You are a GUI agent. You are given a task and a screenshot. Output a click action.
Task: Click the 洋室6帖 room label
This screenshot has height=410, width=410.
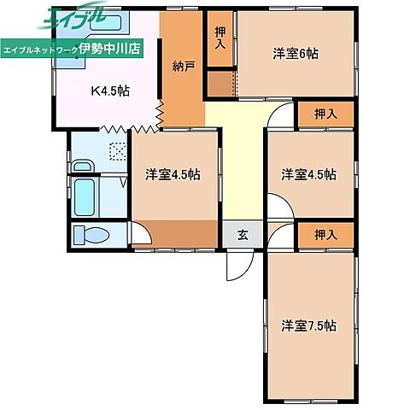pyautogui.click(x=296, y=54)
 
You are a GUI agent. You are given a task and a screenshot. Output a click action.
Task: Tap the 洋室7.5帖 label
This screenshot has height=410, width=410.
pyautogui.click(x=308, y=325)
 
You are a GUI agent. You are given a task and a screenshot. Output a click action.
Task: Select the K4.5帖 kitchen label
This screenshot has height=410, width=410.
pyautogui.click(x=110, y=91)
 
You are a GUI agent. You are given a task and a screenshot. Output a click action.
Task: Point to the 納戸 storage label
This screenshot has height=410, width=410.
pyautogui.click(x=184, y=66)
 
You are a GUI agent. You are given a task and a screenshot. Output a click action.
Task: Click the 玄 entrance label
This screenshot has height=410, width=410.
pyautogui.click(x=243, y=235)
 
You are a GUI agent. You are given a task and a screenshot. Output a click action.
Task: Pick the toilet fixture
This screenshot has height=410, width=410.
pyautogui.click(x=91, y=235)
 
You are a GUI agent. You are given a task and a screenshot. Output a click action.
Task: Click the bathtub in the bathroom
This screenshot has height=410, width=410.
pyautogui.click(x=85, y=197)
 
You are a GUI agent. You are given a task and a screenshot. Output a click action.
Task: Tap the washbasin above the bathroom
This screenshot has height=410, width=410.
pyautogui.click(x=83, y=166)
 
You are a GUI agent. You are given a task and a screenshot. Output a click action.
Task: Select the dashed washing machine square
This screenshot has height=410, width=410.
pyautogui.click(x=118, y=151)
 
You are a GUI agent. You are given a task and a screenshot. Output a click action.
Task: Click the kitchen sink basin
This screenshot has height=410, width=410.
pyautogui.click(x=106, y=22)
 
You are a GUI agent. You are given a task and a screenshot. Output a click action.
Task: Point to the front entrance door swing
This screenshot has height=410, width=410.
pyautogui.click(x=240, y=266)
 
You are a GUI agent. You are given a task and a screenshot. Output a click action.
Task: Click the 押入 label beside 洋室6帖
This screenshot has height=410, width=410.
pyautogui.click(x=220, y=38)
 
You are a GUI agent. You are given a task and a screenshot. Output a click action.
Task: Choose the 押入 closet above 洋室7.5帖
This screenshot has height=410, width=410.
pyautogui.click(x=326, y=235)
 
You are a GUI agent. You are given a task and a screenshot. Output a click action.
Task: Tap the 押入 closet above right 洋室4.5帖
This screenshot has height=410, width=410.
pyautogui.click(x=326, y=114)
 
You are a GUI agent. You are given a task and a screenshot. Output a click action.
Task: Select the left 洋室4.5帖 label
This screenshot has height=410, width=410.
pyautogui.click(x=173, y=174)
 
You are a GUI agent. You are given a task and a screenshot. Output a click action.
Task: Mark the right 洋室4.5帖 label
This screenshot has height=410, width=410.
pyautogui.click(x=308, y=174)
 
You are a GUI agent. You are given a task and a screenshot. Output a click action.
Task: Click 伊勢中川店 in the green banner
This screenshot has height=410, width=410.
pyautogui.click(x=109, y=49)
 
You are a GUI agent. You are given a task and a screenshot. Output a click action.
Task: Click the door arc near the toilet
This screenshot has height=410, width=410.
pyautogui.click(x=143, y=232)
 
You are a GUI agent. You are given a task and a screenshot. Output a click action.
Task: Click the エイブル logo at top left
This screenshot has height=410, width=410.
pyautogui.click(x=73, y=16)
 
